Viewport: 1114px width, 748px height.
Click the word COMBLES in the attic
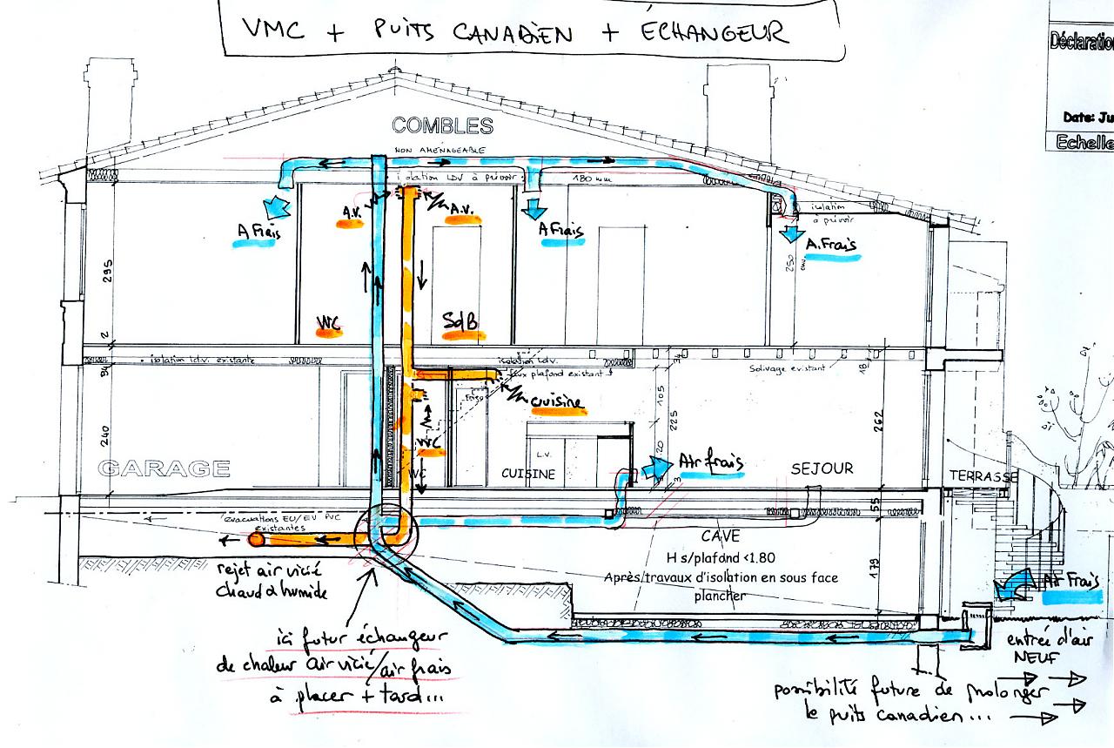click(x=442, y=125)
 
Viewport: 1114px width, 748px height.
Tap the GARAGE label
click(x=164, y=468)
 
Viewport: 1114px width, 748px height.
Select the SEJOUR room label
click(x=822, y=468)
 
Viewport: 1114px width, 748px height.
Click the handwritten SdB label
click(x=460, y=321)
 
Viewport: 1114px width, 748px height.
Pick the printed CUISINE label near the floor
click(x=528, y=474)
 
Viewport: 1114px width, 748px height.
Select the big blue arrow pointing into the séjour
click(x=652, y=468)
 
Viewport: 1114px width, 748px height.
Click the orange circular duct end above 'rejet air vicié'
click(x=257, y=541)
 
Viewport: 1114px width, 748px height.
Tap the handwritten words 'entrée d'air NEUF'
click(x=1035, y=650)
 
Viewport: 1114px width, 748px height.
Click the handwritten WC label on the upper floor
click(x=329, y=322)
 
